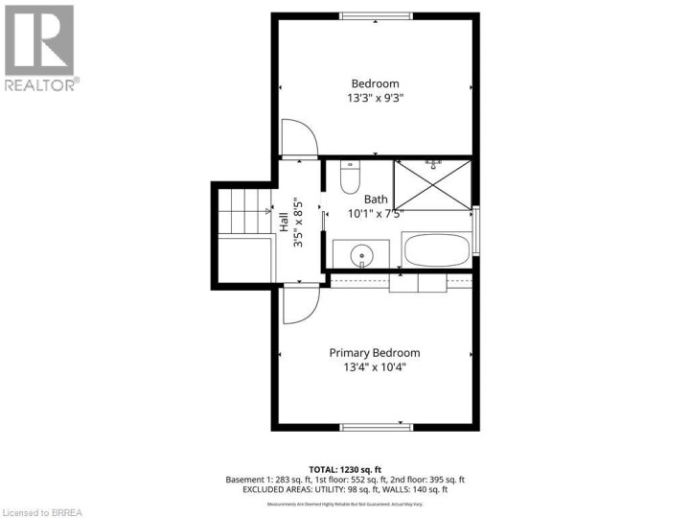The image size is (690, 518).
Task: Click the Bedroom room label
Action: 375,83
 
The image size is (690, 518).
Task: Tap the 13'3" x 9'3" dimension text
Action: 375,98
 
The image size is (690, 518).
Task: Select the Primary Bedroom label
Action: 375,352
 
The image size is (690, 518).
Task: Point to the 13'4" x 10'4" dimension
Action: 375,366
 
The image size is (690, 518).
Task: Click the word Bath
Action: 375,200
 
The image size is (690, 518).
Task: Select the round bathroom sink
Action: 360,255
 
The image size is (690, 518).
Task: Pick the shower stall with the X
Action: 434,183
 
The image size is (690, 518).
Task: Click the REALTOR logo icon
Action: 38,40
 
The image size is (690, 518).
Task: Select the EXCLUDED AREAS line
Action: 376,490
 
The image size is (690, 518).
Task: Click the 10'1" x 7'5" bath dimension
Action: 376,214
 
